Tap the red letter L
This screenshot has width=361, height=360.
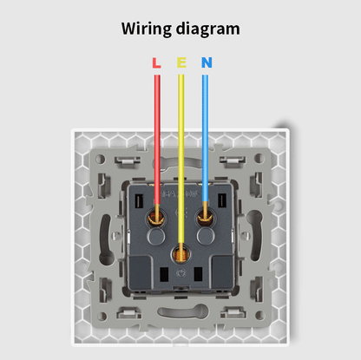pos(156,62)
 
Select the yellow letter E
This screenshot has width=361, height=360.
pos(181,62)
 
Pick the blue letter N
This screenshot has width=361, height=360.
pos(207,62)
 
